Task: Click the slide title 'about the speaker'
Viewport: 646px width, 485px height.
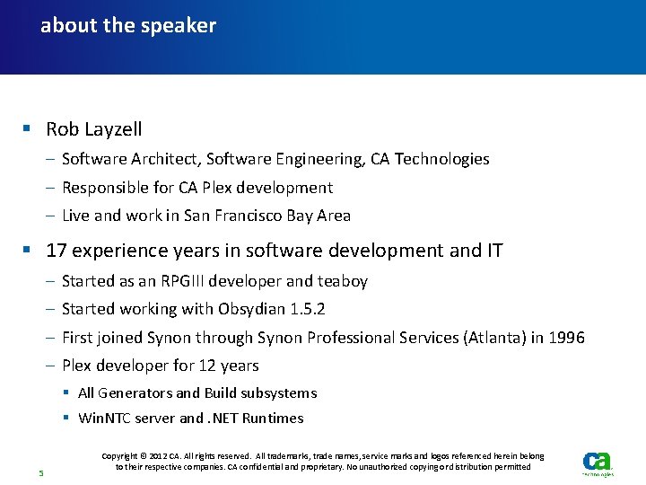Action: click(128, 26)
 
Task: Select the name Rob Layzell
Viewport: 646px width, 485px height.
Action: click(94, 130)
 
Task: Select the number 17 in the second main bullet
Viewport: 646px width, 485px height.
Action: click(57, 251)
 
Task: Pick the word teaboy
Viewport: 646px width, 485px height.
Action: click(342, 281)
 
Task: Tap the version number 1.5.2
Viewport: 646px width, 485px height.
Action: click(308, 309)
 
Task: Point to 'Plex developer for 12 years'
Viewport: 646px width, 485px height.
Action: click(161, 366)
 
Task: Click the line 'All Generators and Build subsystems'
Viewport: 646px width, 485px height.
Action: click(197, 393)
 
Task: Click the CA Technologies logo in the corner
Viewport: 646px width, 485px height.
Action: click(598, 463)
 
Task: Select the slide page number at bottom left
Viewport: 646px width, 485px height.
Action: click(40, 472)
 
